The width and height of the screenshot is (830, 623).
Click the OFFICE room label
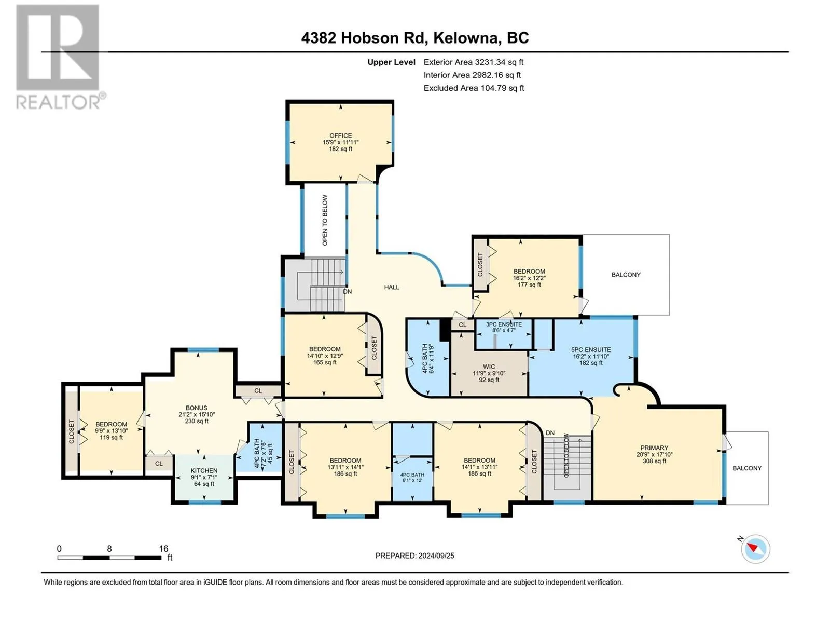pos(340,136)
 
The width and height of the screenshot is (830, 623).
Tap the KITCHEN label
pos(204,470)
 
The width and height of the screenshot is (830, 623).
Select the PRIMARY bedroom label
pos(654,448)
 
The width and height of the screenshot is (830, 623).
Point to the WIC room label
pos(489,367)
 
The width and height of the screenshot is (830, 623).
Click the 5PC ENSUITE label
pos(591,350)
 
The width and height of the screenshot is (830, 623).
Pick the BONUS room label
pos(196,408)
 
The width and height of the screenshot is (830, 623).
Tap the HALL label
pos(391,287)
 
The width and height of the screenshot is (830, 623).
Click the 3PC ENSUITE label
pos(504,324)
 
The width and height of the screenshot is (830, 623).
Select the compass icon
pos(755,549)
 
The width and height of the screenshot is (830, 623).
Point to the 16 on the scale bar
pos(163,548)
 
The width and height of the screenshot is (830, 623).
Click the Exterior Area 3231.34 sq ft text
pos(474,62)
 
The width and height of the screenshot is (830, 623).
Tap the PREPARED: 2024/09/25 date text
pos(415,556)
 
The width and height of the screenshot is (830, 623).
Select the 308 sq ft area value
pos(654,461)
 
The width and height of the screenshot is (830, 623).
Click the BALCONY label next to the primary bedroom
pos(747,468)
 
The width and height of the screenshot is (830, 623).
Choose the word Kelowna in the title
pos(465,38)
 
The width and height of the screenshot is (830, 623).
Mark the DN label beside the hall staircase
pos(347,292)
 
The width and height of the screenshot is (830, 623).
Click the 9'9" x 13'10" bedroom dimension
pos(111,430)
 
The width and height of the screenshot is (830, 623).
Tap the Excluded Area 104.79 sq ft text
pos(474,88)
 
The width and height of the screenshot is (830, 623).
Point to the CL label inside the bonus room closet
pos(258,391)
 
